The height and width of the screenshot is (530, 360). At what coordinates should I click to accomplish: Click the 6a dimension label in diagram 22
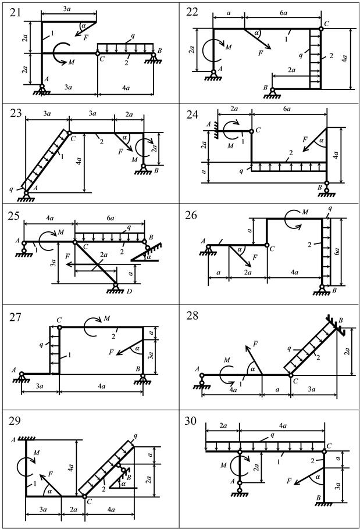point(281,13)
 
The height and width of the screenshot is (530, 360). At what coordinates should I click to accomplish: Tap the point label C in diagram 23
point(73,139)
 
